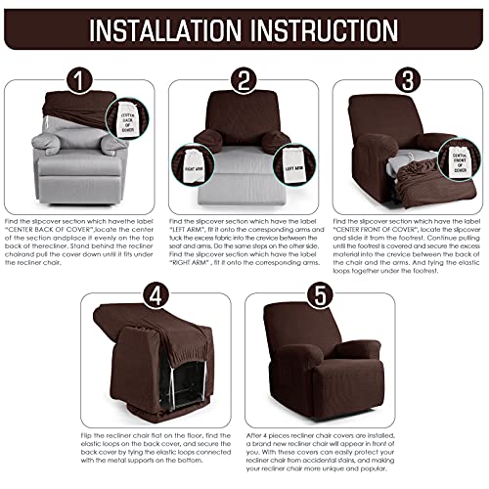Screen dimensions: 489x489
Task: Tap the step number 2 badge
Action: [244, 75]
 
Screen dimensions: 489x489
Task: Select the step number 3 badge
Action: [405, 75]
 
